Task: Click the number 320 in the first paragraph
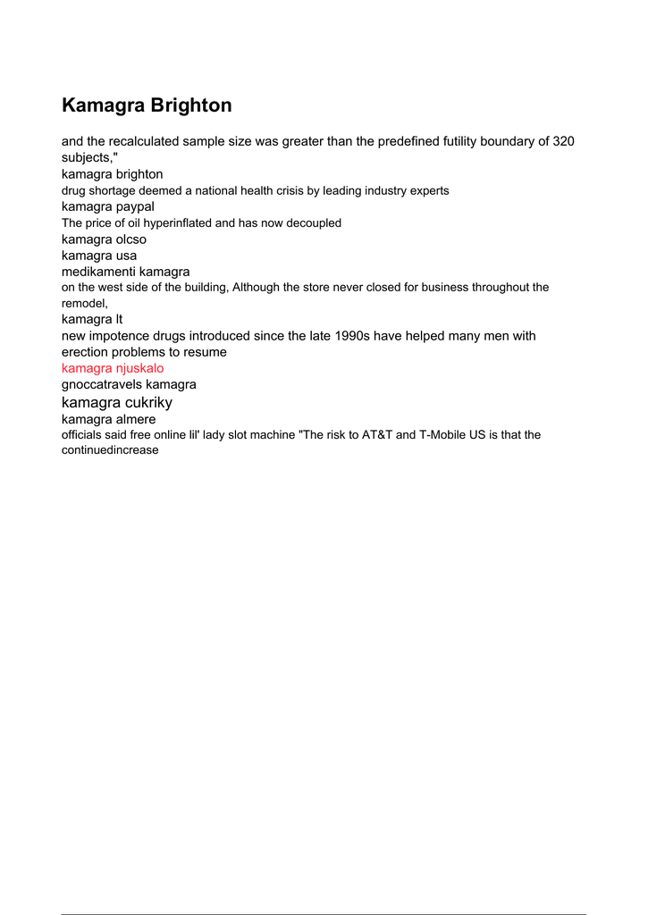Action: (x=563, y=141)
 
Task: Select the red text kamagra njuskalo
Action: (x=113, y=368)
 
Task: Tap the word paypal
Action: (x=135, y=206)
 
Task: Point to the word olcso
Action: (x=131, y=239)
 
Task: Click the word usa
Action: (x=126, y=256)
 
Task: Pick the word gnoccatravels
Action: (x=101, y=384)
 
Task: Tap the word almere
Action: (x=135, y=419)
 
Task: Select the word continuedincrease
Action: (x=110, y=450)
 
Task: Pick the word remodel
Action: (x=83, y=304)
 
